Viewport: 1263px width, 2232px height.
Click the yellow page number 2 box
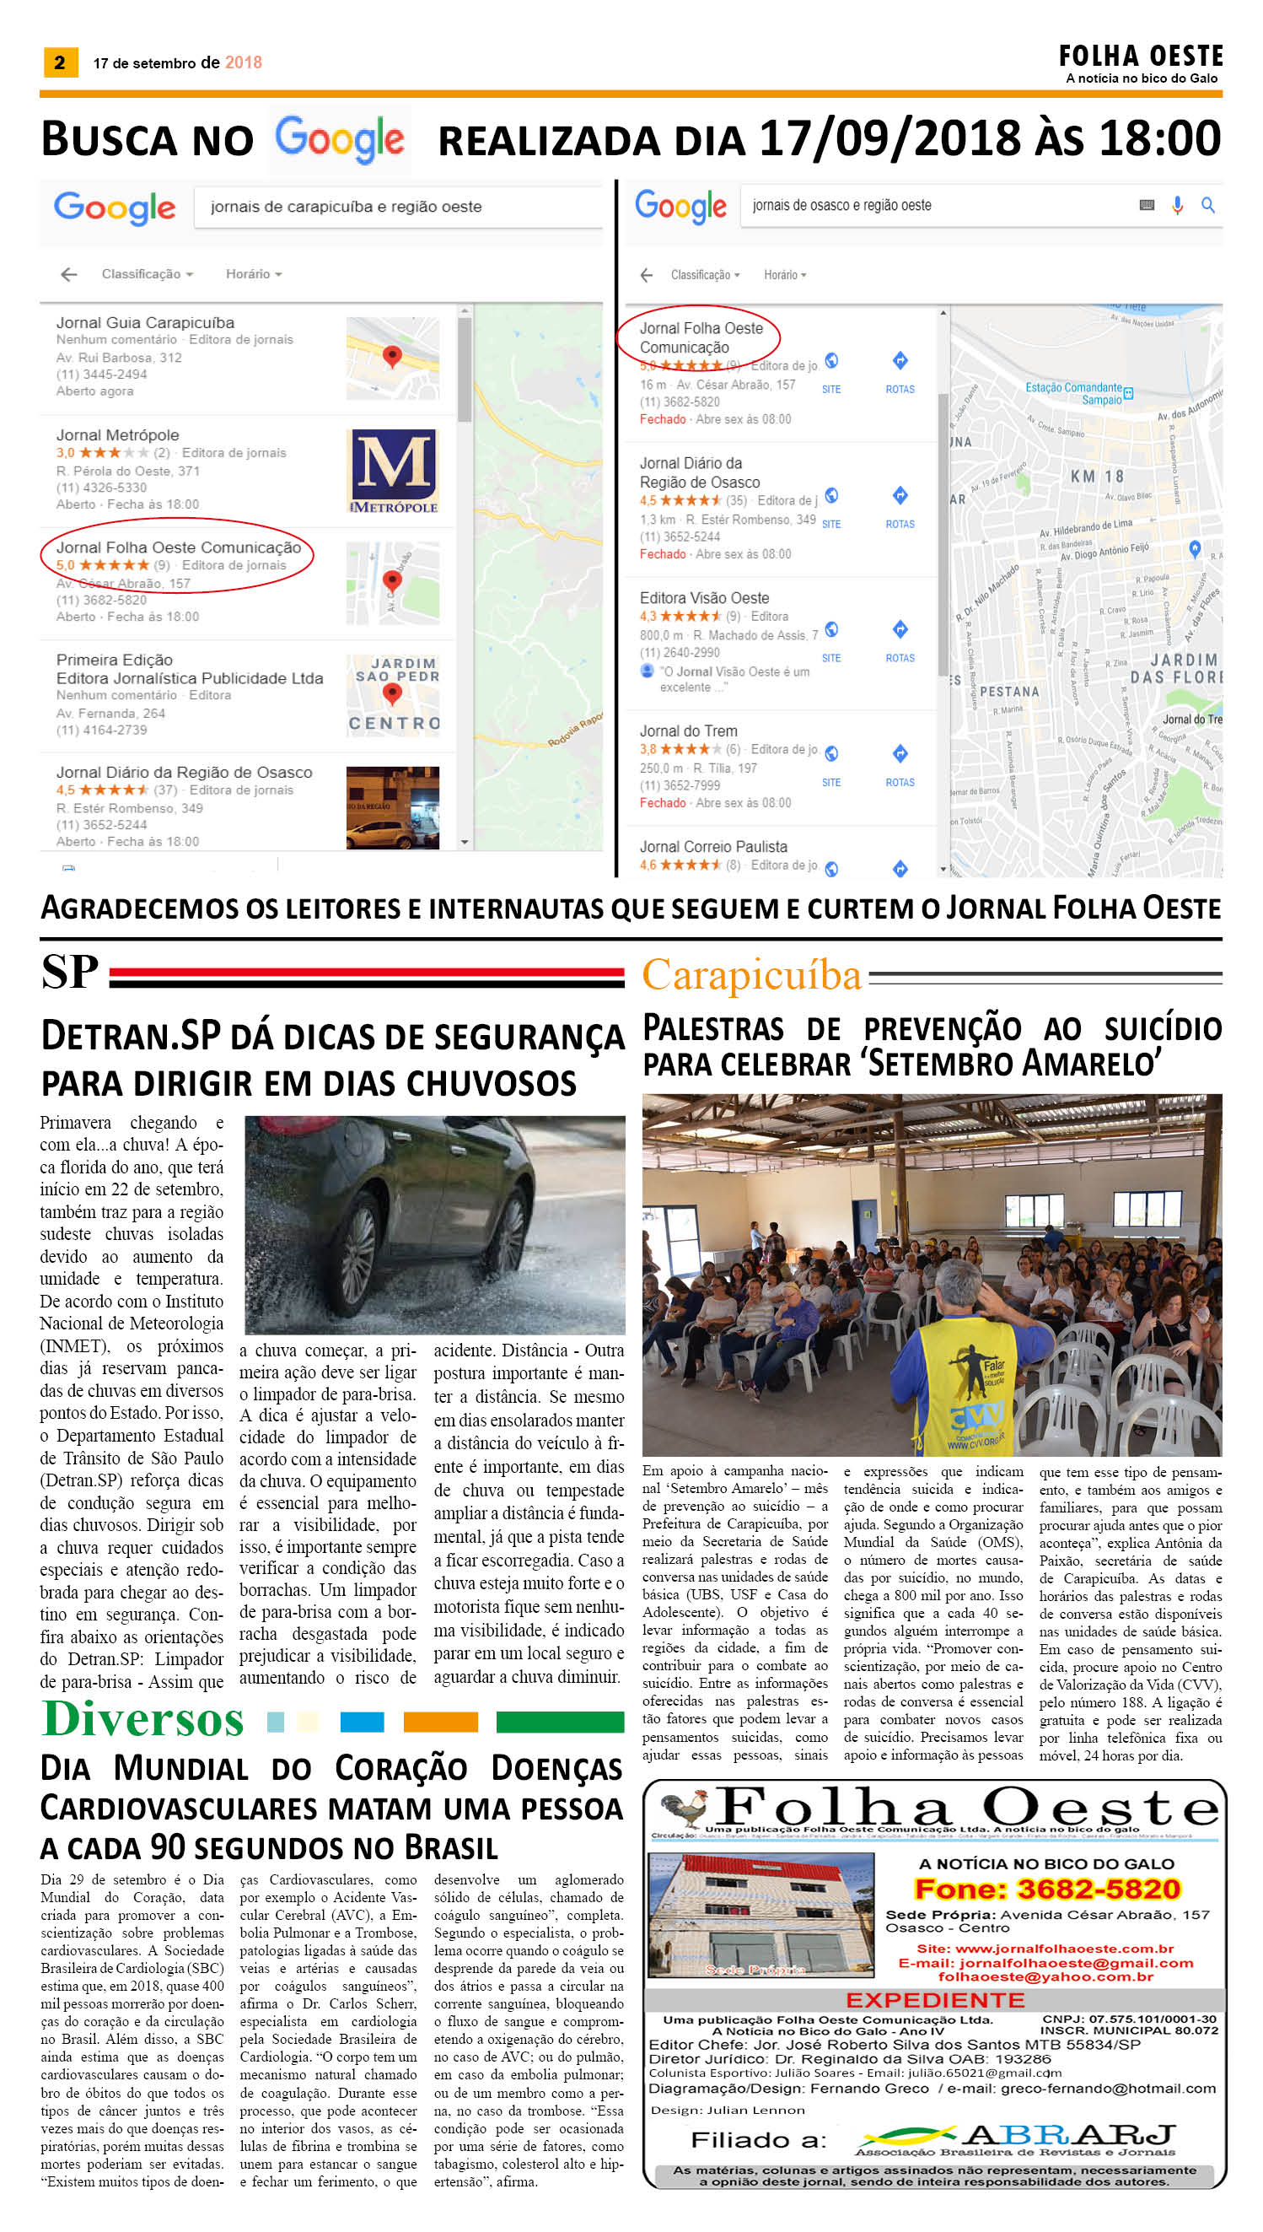point(60,62)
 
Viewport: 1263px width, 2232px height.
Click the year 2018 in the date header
point(243,62)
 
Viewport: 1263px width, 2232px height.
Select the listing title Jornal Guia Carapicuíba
point(145,323)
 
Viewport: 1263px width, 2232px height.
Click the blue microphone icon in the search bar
point(1176,206)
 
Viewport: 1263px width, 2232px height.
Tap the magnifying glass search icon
point(1207,206)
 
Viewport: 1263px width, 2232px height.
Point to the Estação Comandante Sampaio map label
point(1075,393)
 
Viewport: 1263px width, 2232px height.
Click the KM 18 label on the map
point(1096,477)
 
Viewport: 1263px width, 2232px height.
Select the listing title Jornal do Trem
point(688,731)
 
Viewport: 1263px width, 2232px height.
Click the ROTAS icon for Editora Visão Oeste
point(900,630)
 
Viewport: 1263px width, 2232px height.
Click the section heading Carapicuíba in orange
point(751,974)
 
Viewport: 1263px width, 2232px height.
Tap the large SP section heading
point(69,971)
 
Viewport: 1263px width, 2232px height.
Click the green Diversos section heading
point(143,1719)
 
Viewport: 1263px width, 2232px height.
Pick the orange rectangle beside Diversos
point(440,1722)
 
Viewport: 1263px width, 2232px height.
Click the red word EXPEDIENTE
point(934,2000)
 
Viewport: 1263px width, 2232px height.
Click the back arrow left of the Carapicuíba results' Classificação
point(69,274)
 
